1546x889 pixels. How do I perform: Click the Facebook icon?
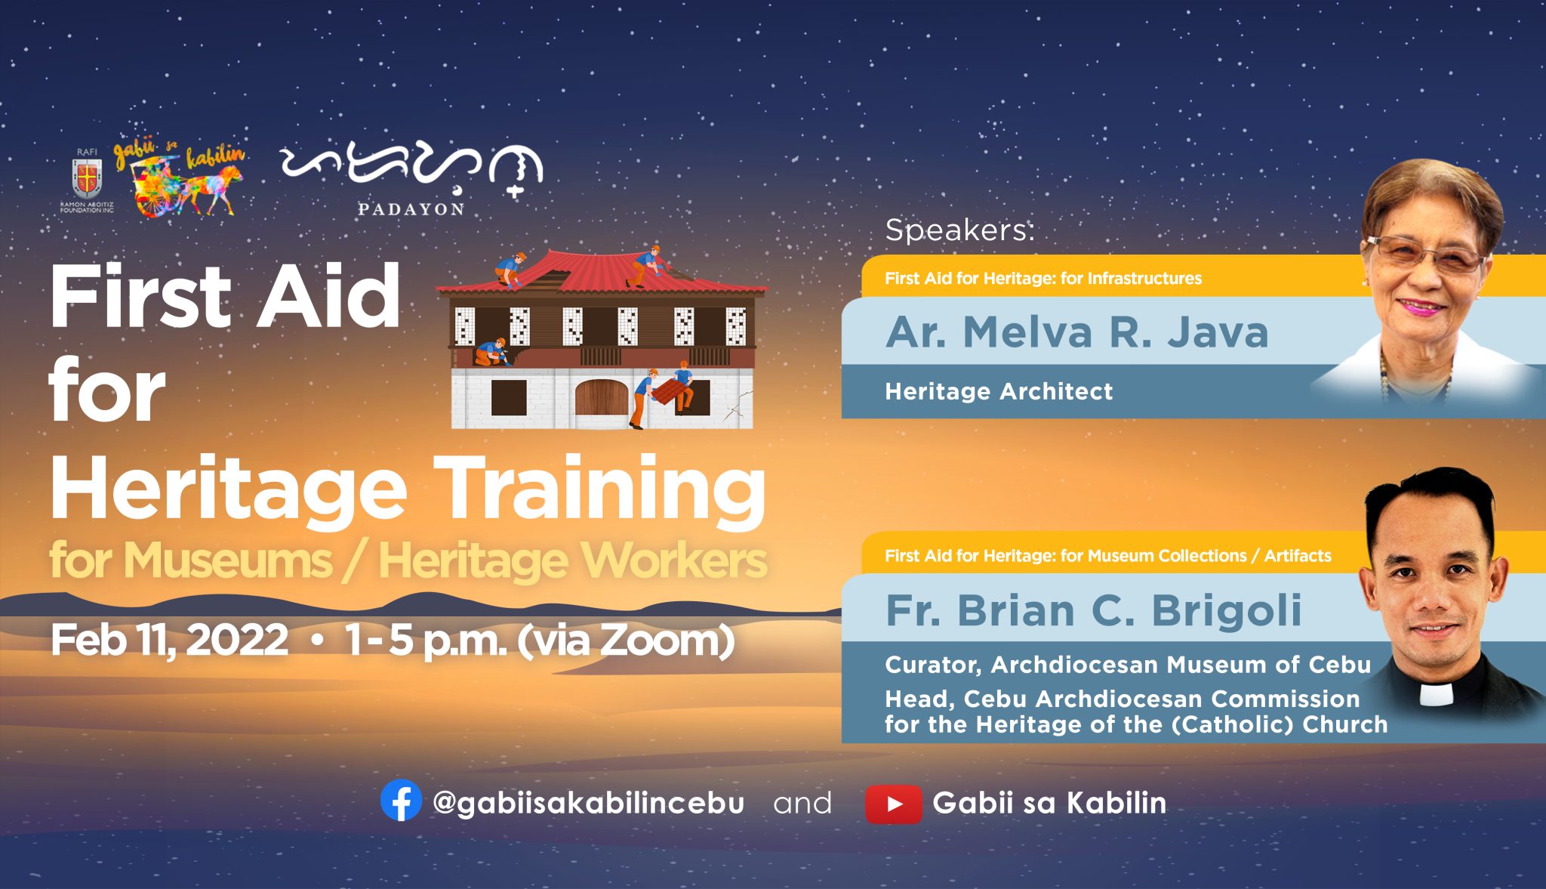pos(401,800)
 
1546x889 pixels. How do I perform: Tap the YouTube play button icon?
pos(894,804)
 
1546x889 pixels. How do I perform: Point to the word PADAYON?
pos(411,209)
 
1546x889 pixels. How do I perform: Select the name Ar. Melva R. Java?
pos(1077,332)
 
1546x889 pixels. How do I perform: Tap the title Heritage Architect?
pos(999,391)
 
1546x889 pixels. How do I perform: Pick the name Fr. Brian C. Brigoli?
pos(1094,610)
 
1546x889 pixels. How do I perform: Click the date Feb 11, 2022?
pos(169,641)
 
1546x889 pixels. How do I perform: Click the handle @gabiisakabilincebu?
pos(588,803)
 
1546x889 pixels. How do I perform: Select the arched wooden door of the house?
pos(602,397)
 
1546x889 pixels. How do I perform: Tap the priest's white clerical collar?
pos(1436,693)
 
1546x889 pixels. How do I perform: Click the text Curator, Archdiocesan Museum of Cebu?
pos(1128,665)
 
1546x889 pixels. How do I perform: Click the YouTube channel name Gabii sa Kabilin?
pos(1049,803)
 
